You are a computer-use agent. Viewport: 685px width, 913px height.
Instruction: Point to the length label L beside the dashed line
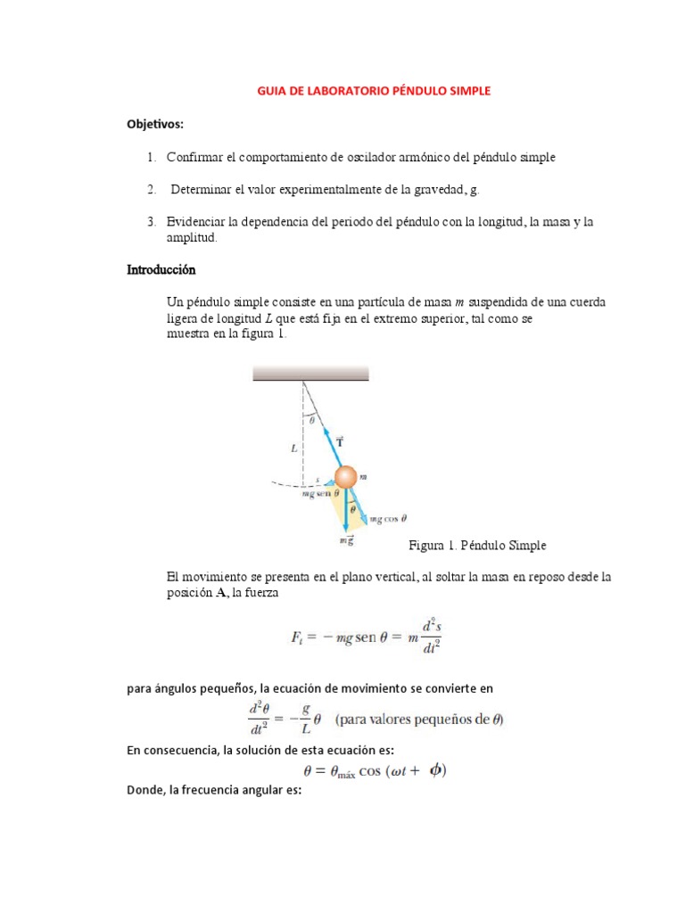(294, 450)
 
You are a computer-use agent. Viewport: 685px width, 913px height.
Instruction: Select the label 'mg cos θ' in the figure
(388, 518)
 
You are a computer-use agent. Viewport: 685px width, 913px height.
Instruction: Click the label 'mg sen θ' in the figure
(320, 493)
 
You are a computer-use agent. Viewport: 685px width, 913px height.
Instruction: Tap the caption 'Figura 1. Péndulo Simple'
(477, 545)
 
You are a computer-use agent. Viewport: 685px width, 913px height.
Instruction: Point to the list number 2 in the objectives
(152, 189)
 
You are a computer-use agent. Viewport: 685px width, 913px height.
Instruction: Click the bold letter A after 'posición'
(220, 595)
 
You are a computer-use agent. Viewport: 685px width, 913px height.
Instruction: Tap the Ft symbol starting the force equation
(299, 637)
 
